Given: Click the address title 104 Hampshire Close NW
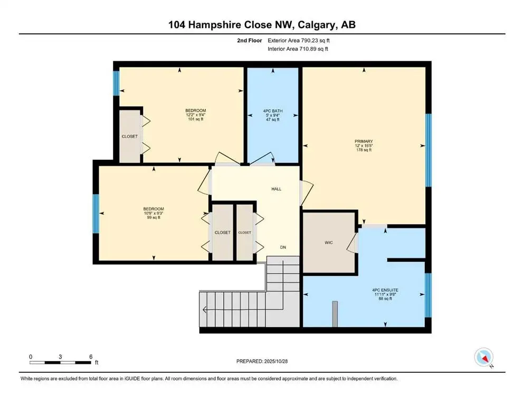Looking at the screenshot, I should point(262,25).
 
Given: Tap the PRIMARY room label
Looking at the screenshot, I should point(364,141).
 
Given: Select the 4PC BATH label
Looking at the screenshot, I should point(273,111).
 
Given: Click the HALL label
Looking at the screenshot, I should point(277,188).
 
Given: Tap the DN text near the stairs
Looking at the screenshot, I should point(283,247).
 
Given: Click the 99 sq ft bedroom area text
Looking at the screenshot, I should point(154,217).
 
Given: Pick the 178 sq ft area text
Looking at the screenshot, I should point(364,150).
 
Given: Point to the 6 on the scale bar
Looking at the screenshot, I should point(91,356).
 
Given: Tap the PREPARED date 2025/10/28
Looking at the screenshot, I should point(262,361).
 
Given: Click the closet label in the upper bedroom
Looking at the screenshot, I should point(129,136).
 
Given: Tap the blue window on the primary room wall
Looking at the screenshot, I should point(428,150).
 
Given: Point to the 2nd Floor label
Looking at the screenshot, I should point(250,40).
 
